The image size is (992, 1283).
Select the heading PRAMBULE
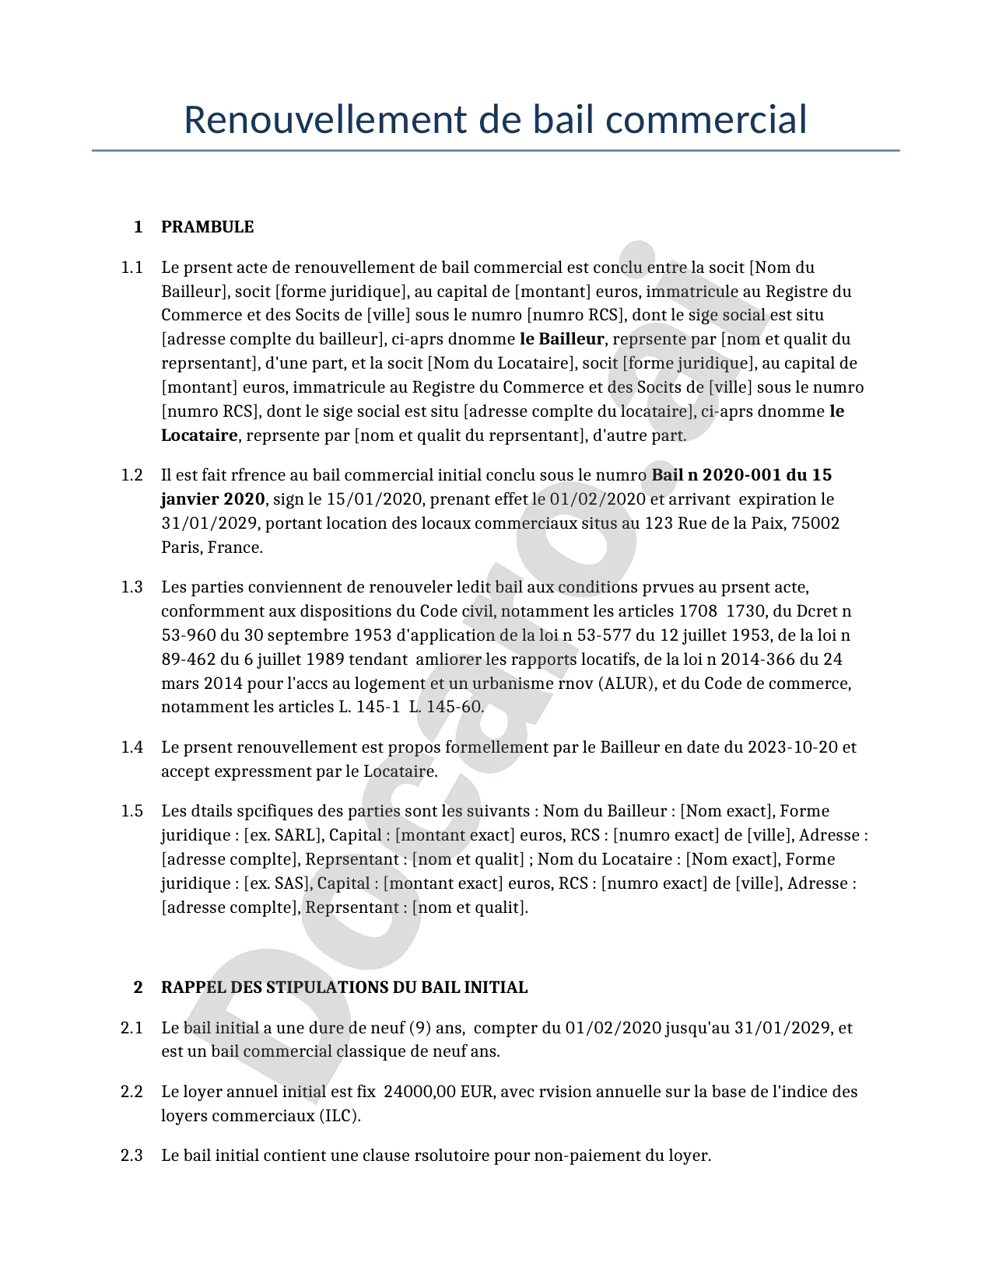(207, 227)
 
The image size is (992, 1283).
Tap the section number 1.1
(131, 267)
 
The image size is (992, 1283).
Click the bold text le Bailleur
(562, 339)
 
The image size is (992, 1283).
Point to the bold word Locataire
(199, 435)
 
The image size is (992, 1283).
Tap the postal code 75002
(815, 523)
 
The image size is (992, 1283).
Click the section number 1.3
(131, 587)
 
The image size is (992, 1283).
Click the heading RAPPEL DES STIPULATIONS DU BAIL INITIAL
(344, 988)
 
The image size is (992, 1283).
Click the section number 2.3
(131, 1155)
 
